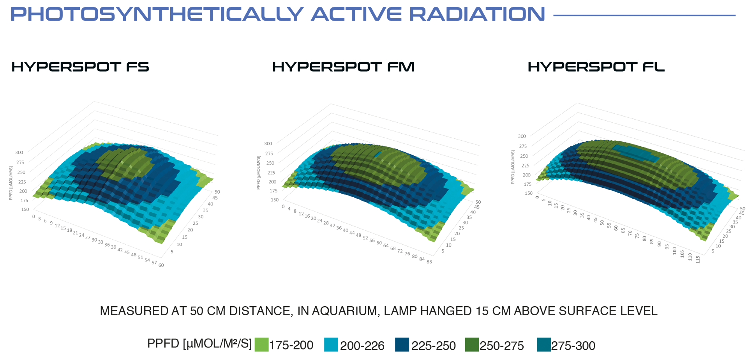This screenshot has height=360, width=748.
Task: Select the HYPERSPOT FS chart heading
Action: [80, 67]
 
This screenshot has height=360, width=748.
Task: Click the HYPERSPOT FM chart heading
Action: [343, 67]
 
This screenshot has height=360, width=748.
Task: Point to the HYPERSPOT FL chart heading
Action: [596, 67]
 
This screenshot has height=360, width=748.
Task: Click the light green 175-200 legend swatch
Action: [261, 345]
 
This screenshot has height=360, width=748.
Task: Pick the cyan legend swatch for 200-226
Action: [331, 345]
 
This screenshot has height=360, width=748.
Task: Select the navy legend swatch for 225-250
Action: [402, 345]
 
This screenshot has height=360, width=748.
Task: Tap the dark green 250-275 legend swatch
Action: [472, 345]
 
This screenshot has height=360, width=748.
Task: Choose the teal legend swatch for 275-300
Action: [543, 345]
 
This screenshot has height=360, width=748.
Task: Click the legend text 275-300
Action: [573, 346]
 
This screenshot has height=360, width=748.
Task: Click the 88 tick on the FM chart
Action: [429, 262]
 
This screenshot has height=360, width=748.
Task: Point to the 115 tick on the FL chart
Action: [698, 259]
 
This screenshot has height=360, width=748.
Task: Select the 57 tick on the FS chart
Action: [154, 263]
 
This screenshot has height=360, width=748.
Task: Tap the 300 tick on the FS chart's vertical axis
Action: [19, 152]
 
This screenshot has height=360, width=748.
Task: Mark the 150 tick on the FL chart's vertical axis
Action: [528, 193]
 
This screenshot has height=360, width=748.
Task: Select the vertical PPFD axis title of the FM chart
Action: [258, 173]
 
